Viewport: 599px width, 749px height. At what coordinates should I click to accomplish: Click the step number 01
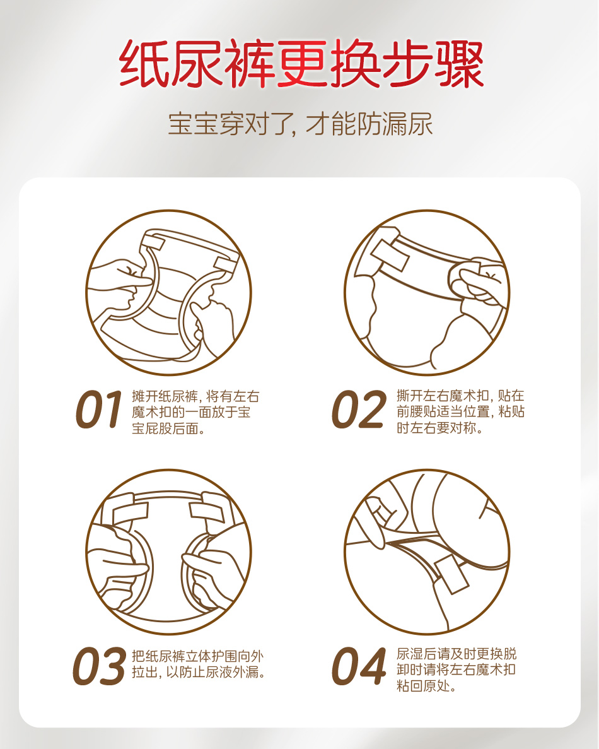click(x=99, y=410)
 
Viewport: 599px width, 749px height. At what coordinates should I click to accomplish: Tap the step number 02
click(x=359, y=410)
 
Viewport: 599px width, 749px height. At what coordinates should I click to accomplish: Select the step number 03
click(x=99, y=666)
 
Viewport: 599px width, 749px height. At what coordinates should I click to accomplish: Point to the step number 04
click(x=359, y=666)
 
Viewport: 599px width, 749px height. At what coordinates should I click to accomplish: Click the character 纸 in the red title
click(x=144, y=64)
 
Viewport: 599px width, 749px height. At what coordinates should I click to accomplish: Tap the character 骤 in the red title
click(x=459, y=64)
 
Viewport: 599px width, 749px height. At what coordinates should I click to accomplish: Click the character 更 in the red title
click(x=301, y=64)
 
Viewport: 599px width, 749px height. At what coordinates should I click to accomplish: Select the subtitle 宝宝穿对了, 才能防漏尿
click(x=300, y=124)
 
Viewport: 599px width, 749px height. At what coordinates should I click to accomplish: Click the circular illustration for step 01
click(x=168, y=292)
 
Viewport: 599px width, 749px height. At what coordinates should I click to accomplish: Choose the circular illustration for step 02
click(x=427, y=292)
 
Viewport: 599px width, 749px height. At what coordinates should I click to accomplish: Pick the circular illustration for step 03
click(x=168, y=551)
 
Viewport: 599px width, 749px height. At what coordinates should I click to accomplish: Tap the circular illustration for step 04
click(x=427, y=551)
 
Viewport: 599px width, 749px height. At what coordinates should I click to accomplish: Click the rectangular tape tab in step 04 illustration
click(x=451, y=575)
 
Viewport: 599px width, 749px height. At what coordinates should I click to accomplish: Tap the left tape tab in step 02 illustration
click(x=390, y=256)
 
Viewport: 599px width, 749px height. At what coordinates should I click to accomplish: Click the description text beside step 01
click(x=195, y=412)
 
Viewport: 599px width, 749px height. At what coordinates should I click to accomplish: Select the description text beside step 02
click(x=460, y=411)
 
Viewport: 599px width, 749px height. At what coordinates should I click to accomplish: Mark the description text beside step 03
click(x=198, y=664)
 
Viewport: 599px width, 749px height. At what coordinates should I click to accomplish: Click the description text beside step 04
click(x=457, y=669)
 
